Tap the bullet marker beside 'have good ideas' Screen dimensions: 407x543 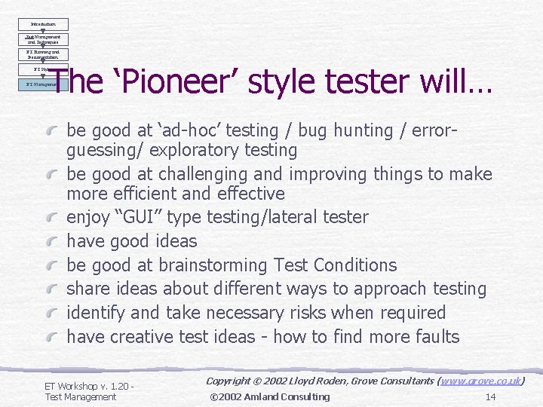54,242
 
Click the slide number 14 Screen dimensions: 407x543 490,396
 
